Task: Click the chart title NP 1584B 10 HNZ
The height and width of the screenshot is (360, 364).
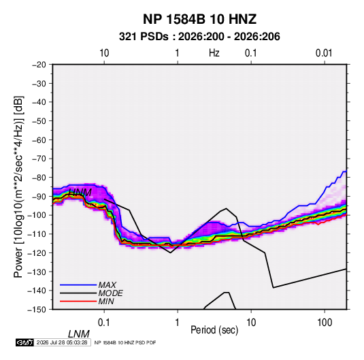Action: click(x=199, y=19)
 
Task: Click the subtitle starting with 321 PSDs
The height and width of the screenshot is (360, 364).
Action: click(x=199, y=37)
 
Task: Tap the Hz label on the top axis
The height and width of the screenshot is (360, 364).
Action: click(x=214, y=53)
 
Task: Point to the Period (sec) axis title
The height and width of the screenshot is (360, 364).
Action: click(x=214, y=330)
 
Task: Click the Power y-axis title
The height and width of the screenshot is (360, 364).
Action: click(x=18, y=186)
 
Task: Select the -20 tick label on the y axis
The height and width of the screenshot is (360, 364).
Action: click(x=39, y=65)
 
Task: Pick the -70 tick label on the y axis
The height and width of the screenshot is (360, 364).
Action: click(x=39, y=159)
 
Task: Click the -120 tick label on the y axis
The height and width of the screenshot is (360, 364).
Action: click(x=37, y=253)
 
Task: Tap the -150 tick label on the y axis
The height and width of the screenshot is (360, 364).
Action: click(x=37, y=310)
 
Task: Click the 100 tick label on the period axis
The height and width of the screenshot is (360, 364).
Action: click(x=324, y=323)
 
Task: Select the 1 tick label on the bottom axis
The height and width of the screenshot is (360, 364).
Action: click(x=177, y=323)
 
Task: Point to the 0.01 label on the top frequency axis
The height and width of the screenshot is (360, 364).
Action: click(x=324, y=53)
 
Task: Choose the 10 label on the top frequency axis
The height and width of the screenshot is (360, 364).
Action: click(x=104, y=53)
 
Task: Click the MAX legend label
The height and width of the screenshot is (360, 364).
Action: click(x=107, y=285)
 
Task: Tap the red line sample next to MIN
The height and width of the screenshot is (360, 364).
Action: click(x=78, y=301)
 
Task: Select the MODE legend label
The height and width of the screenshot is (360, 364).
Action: click(x=110, y=293)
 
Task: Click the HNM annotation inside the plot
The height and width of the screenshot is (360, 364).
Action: click(x=80, y=193)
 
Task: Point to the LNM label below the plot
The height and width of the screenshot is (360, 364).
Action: click(x=78, y=334)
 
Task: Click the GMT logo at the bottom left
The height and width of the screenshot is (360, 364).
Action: click(x=24, y=342)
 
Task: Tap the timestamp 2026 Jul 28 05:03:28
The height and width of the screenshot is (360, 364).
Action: click(x=62, y=342)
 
